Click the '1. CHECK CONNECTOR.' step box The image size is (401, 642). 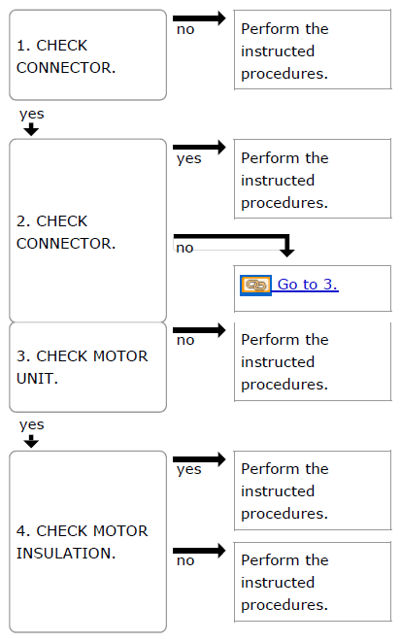point(88,55)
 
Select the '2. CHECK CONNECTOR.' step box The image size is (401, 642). point(88,230)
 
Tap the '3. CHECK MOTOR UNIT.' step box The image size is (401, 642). point(88,367)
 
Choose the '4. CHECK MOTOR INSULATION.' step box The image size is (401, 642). point(88,542)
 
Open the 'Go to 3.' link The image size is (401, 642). point(308,285)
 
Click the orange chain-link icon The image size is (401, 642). point(255,285)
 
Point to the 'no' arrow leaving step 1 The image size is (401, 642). point(199,18)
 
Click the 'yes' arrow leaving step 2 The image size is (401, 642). point(199,147)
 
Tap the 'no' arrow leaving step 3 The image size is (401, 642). point(199,329)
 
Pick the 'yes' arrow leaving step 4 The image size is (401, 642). point(199,459)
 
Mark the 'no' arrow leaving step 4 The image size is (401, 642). point(199,551)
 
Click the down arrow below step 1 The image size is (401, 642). point(31,130)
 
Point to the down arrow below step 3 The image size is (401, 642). point(31,441)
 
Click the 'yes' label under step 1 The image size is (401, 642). point(31,115)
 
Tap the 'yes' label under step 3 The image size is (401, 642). point(31,425)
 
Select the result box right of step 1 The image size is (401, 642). point(313,50)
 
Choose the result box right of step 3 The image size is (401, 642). point(313,361)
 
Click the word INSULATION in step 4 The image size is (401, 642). point(66,554)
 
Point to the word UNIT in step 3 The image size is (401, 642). point(37,379)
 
